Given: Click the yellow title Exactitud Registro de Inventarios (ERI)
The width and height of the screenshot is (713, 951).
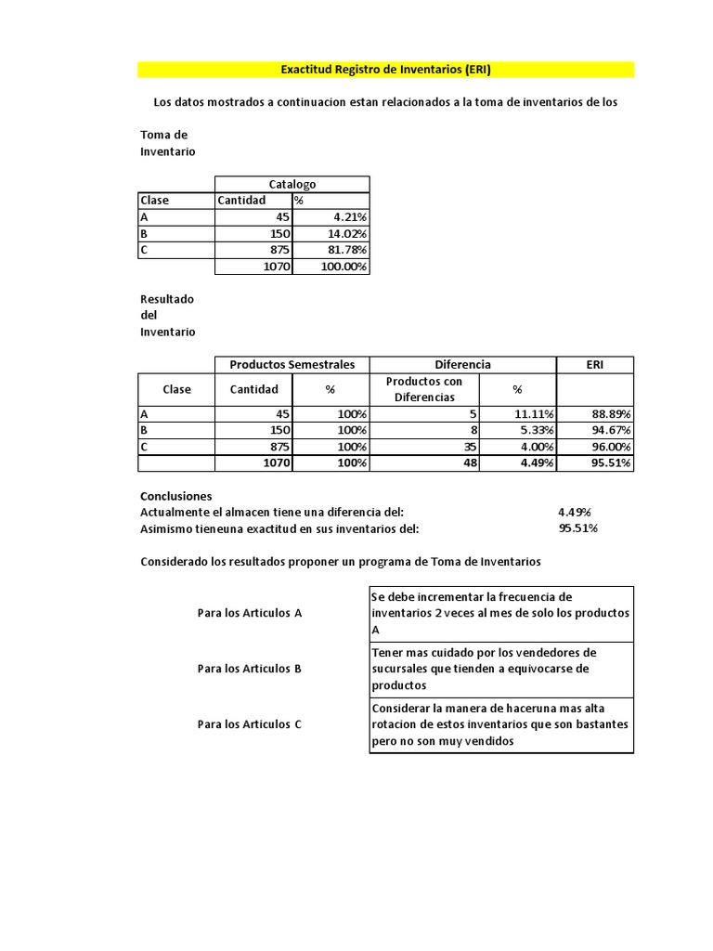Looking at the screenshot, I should [385, 70].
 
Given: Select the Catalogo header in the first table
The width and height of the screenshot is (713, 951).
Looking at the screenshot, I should [292, 184].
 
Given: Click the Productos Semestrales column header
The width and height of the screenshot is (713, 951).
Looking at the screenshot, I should [292, 365].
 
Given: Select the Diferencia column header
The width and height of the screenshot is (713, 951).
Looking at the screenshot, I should [462, 365].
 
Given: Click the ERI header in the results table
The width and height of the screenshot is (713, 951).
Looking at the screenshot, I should [595, 365].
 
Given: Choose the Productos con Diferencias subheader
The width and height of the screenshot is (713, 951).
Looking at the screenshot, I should [424, 389].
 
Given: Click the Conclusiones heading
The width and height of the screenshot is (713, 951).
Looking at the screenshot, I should [175, 496].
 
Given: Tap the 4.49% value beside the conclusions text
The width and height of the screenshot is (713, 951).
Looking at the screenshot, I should [575, 512].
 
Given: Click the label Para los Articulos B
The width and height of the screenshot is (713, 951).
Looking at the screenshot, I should [250, 668].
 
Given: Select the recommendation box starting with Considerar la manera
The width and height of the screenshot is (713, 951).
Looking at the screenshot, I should [501, 724].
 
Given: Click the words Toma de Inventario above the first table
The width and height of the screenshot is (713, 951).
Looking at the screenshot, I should [167, 143].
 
